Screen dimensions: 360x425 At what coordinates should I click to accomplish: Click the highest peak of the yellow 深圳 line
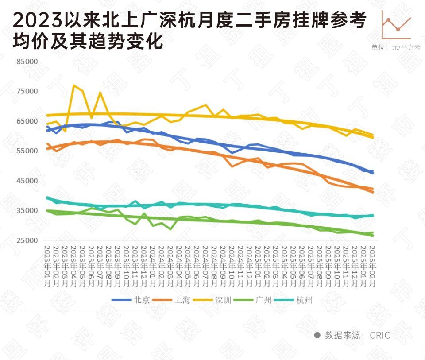pyautogui.click(x=74, y=85)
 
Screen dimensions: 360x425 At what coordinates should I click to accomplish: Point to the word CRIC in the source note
pyautogui.click(x=380, y=335)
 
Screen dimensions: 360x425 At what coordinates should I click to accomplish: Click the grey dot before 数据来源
pyautogui.click(x=317, y=335)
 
